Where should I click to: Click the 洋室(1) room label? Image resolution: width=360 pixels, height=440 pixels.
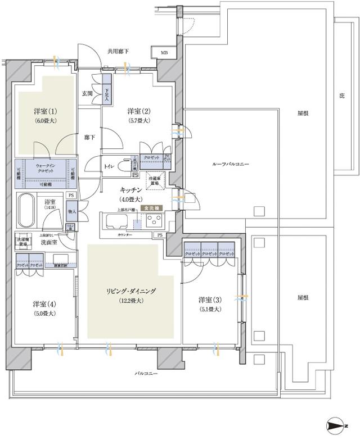coord(44,112)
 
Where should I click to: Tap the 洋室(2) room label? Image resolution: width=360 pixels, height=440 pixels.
coord(138,112)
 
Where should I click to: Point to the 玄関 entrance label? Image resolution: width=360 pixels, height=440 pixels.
coord(87,93)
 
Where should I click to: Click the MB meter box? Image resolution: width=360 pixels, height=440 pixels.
coord(164,53)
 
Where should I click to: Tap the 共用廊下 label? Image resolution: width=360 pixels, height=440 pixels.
coord(118,52)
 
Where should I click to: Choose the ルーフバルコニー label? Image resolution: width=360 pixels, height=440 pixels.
coord(230,164)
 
